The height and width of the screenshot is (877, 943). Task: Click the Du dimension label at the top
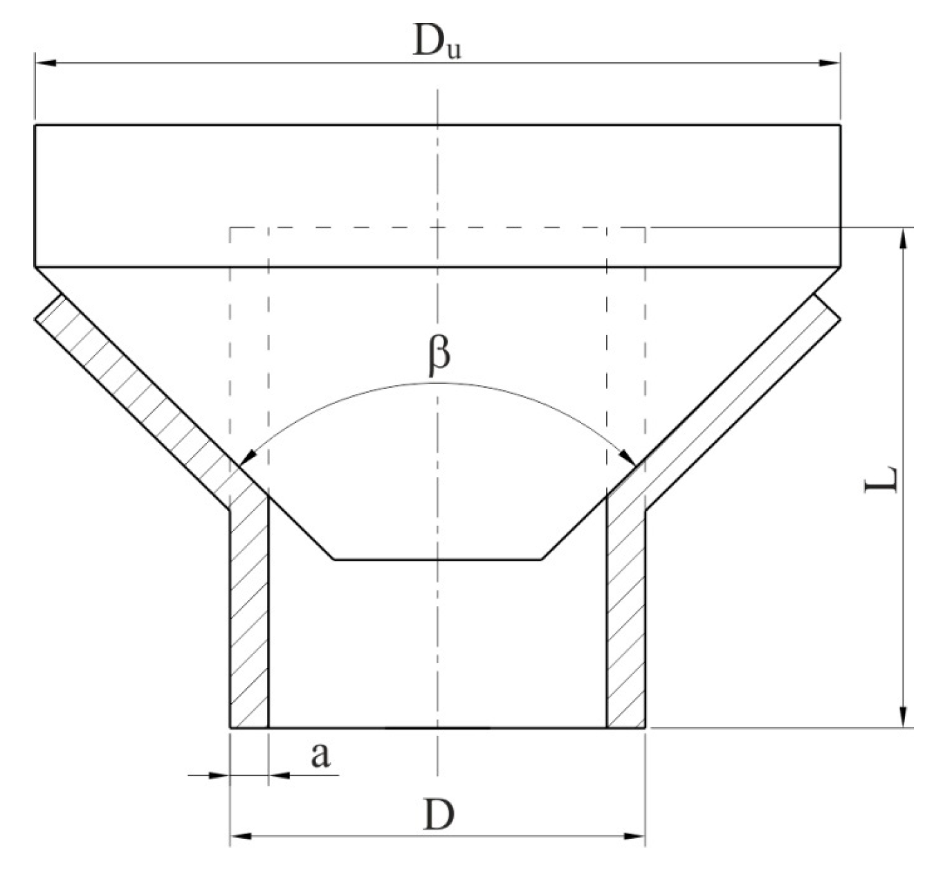pyautogui.click(x=435, y=43)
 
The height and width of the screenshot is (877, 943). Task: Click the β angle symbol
pyautogui.click(x=437, y=354)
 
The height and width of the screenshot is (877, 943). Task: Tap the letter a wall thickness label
pyautogui.click(x=320, y=756)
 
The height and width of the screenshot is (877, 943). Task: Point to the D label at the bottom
pyautogui.click(x=439, y=815)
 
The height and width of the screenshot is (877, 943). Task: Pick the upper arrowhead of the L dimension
pyautogui.click(x=902, y=238)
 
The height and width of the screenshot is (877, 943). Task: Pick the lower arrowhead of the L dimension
pyautogui.click(x=902, y=717)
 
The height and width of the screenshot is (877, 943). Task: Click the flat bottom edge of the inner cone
pyautogui.click(x=437, y=559)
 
